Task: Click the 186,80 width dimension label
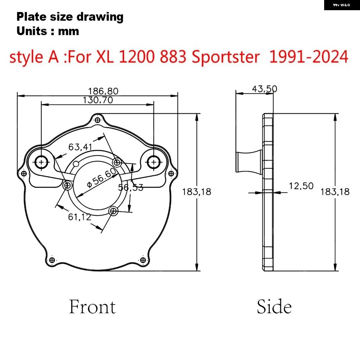(103, 91)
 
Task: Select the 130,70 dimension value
(98, 100)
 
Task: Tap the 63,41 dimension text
(80, 147)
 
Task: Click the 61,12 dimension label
(79, 217)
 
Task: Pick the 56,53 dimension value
(131, 188)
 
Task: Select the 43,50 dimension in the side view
(264, 89)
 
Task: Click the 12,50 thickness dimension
(301, 186)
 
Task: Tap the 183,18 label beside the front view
(197, 192)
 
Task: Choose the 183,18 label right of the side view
(335, 192)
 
